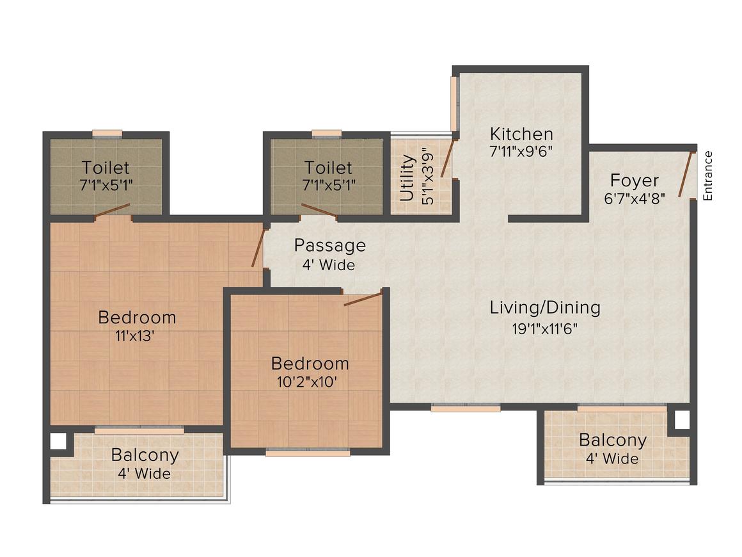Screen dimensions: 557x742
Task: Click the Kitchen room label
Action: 521,134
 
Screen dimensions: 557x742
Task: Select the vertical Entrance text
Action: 707,175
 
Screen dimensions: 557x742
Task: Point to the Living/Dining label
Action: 545,308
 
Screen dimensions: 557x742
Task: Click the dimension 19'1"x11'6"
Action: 545,329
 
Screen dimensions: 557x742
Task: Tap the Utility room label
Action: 407,178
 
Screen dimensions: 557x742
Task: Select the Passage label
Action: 330,245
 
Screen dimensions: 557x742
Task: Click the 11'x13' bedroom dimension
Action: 137,337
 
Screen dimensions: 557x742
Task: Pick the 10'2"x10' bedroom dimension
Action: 310,383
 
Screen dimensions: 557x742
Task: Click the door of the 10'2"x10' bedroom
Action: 363,298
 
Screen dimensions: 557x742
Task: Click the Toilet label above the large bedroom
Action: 106,168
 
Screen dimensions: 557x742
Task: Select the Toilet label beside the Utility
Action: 328,168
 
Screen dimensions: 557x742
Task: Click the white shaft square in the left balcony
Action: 58,441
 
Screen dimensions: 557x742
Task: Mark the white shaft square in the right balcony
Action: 682,420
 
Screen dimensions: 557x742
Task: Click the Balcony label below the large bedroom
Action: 145,456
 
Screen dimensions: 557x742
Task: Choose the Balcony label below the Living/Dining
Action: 612,440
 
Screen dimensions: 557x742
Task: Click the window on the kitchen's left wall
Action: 454,104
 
